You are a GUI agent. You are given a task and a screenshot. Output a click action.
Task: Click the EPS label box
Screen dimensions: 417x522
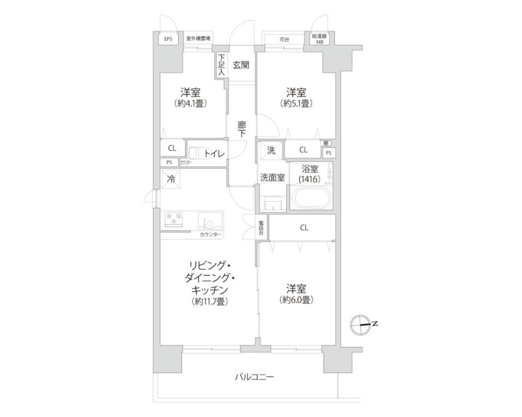coord(168,39)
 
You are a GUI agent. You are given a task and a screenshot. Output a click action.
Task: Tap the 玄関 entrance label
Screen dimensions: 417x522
coord(241,65)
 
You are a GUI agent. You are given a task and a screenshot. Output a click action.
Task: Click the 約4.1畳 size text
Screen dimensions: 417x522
coord(190,104)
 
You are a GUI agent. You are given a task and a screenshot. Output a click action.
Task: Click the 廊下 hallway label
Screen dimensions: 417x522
coord(241,129)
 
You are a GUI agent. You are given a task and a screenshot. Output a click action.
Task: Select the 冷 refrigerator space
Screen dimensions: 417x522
coord(171,180)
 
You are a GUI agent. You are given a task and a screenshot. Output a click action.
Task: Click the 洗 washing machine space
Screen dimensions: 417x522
coord(270,151)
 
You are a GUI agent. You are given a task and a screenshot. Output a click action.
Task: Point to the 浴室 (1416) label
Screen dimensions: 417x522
coord(311,175)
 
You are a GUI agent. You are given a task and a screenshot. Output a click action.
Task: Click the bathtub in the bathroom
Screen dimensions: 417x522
coord(311,200)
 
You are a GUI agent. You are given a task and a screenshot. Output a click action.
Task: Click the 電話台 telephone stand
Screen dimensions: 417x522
coord(262,228)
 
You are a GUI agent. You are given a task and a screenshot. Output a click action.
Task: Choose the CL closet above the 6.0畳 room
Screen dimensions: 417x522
coord(303,228)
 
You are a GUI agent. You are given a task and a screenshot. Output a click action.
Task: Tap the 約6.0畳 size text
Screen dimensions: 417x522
coord(295,299)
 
